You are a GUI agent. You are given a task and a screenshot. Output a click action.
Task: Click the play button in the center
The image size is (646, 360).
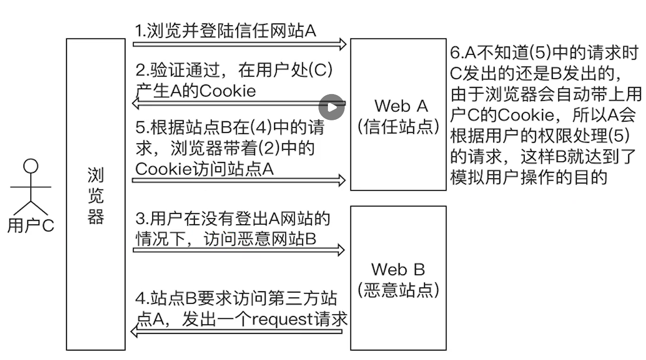pyautogui.click(x=332, y=107)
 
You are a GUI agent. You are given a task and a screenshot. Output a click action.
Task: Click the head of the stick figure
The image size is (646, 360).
pyautogui.click(x=31, y=167)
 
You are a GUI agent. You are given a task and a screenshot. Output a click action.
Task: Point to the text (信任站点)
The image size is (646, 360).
pyautogui.click(x=398, y=127)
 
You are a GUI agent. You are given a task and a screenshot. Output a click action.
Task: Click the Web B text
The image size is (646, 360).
pyautogui.click(x=398, y=270)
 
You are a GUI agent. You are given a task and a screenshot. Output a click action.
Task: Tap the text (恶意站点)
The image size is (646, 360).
pyautogui.click(x=398, y=290)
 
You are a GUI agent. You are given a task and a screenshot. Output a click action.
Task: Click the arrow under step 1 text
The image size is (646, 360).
pyautogui.click(x=239, y=44)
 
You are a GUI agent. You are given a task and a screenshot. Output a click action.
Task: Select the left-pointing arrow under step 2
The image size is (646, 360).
pyautogui.click(x=239, y=103)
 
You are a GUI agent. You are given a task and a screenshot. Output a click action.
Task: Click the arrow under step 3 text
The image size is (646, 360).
pyautogui.click(x=239, y=250)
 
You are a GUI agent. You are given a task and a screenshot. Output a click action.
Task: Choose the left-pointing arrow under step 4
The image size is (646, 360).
pyautogui.click(x=239, y=332)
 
